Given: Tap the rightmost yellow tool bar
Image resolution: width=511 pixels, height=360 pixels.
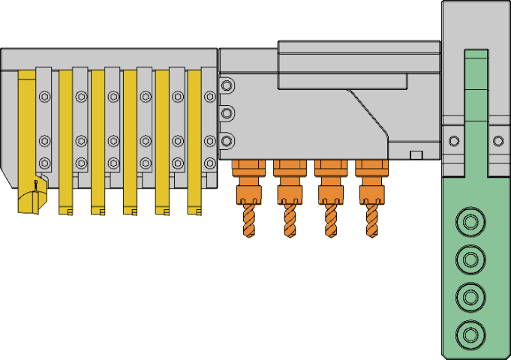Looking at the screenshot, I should pyautogui.click(x=194, y=142).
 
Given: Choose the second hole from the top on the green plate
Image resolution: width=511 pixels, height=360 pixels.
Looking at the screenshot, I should pyautogui.click(x=470, y=259).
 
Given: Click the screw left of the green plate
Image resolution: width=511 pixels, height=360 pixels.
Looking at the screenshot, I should pyautogui.click(x=453, y=140).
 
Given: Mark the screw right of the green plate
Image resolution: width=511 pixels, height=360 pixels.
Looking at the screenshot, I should pyautogui.click(x=498, y=140).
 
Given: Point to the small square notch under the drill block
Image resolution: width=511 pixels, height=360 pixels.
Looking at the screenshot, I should pyautogui.click(x=415, y=154).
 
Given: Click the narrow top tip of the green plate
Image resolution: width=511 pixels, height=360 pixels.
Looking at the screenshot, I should pyautogui.click(x=476, y=56).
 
